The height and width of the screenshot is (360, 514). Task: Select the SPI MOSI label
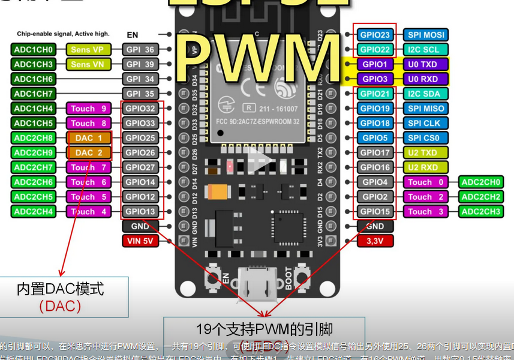[x=426, y=35]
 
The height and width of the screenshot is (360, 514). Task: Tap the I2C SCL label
[x=426, y=50]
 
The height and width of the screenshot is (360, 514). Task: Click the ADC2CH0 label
[x=481, y=182]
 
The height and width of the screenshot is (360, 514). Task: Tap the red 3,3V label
[x=375, y=241]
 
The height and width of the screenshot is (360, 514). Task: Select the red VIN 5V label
[x=140, y=241]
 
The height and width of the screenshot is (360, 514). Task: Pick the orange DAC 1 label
[x=88, y=138]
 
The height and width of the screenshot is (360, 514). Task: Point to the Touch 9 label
[x=88, y=109]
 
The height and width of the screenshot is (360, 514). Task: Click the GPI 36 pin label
[x=140, y=49]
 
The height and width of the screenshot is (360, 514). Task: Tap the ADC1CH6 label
[x=34, y=79]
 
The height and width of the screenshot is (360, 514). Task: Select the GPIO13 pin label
[x=140, y=211]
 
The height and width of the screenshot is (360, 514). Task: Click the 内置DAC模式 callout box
[x=64, y=296]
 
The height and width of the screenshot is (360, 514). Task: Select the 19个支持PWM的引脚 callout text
[x=264, y=329]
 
